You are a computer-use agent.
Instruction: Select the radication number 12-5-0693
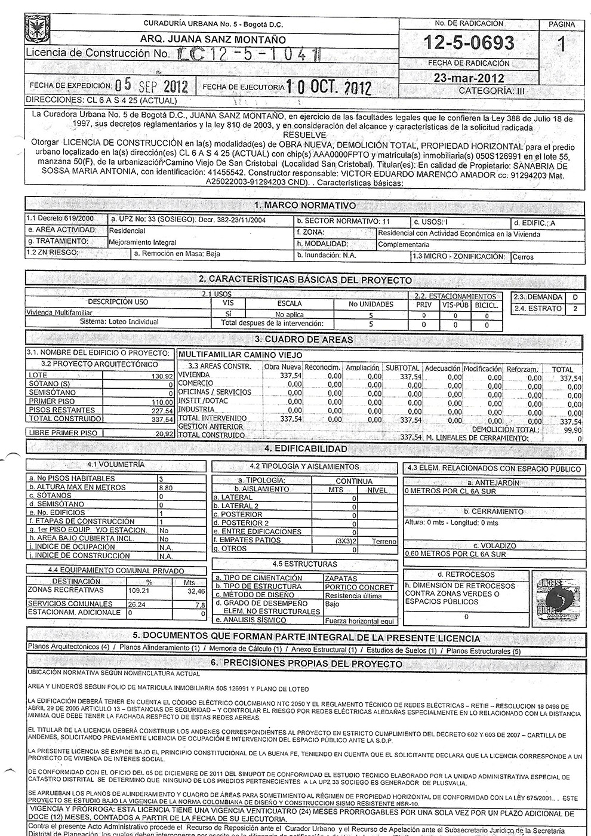469,44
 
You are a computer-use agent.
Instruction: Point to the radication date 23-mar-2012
469,78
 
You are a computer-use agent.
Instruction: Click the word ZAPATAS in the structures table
341,578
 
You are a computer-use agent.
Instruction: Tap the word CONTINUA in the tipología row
353,481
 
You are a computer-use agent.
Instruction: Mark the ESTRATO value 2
575,309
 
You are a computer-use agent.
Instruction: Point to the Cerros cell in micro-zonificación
523,257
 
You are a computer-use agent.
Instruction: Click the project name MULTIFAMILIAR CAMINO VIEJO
241,355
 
